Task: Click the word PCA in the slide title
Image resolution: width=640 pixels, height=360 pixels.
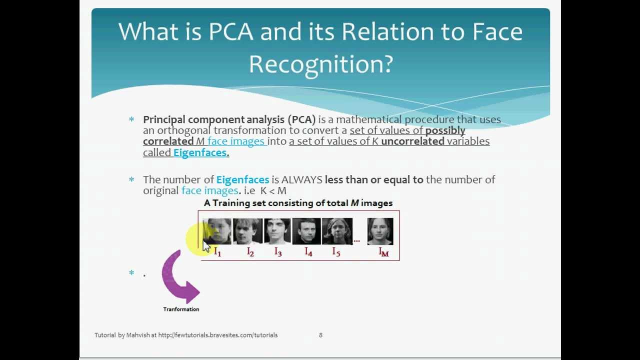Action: point(230,32)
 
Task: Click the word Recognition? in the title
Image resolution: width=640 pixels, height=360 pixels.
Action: point(320,64)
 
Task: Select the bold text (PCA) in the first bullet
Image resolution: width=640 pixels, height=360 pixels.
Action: point(301,119)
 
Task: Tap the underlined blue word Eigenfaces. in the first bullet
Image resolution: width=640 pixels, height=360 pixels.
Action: point(201,152)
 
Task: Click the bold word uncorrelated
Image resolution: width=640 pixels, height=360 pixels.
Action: point(412,141)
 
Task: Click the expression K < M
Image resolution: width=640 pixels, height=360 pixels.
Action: point(273,190)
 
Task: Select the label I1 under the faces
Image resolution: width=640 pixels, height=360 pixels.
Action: point(217,251)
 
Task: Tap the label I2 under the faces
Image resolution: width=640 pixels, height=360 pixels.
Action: point(250,251)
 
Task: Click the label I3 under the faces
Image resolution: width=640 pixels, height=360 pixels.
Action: point(278,251)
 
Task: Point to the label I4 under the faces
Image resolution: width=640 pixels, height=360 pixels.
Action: point(308,251)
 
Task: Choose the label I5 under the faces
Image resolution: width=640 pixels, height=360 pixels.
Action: point(336,251)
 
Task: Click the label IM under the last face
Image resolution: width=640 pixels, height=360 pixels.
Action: point(383,252)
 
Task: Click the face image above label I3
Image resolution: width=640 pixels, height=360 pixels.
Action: point(277,231)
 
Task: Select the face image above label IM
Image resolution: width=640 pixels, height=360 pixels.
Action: point(380,231)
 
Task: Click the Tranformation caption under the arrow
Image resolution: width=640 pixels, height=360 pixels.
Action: point(181,309)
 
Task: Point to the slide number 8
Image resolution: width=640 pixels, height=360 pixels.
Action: point(320,335)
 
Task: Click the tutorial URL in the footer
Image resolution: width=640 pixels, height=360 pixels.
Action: point(217,335)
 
